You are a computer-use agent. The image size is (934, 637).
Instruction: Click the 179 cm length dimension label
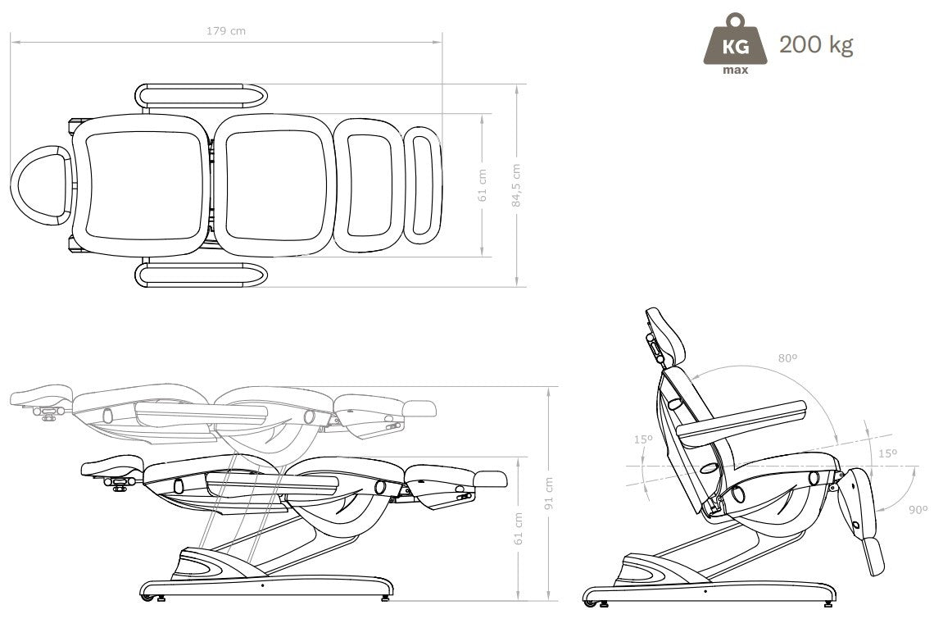pos(226,31)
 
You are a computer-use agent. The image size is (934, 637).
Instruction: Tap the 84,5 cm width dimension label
pos(516,185)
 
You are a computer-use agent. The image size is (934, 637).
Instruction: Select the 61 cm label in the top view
pos(483,185)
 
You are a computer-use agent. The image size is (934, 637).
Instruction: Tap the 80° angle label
pos(787,358)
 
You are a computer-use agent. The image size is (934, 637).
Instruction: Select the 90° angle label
pos(918,510)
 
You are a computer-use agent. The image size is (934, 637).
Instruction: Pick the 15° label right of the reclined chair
pos(887,453)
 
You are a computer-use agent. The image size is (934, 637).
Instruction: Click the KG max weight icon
pos(735,45)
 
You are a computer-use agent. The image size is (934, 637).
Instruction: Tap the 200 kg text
pos(815,44)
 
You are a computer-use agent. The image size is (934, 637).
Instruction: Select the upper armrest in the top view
pos(201,95)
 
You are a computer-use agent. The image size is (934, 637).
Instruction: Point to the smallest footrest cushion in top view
pos(423,185)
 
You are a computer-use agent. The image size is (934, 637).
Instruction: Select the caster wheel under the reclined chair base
pos(588,605)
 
